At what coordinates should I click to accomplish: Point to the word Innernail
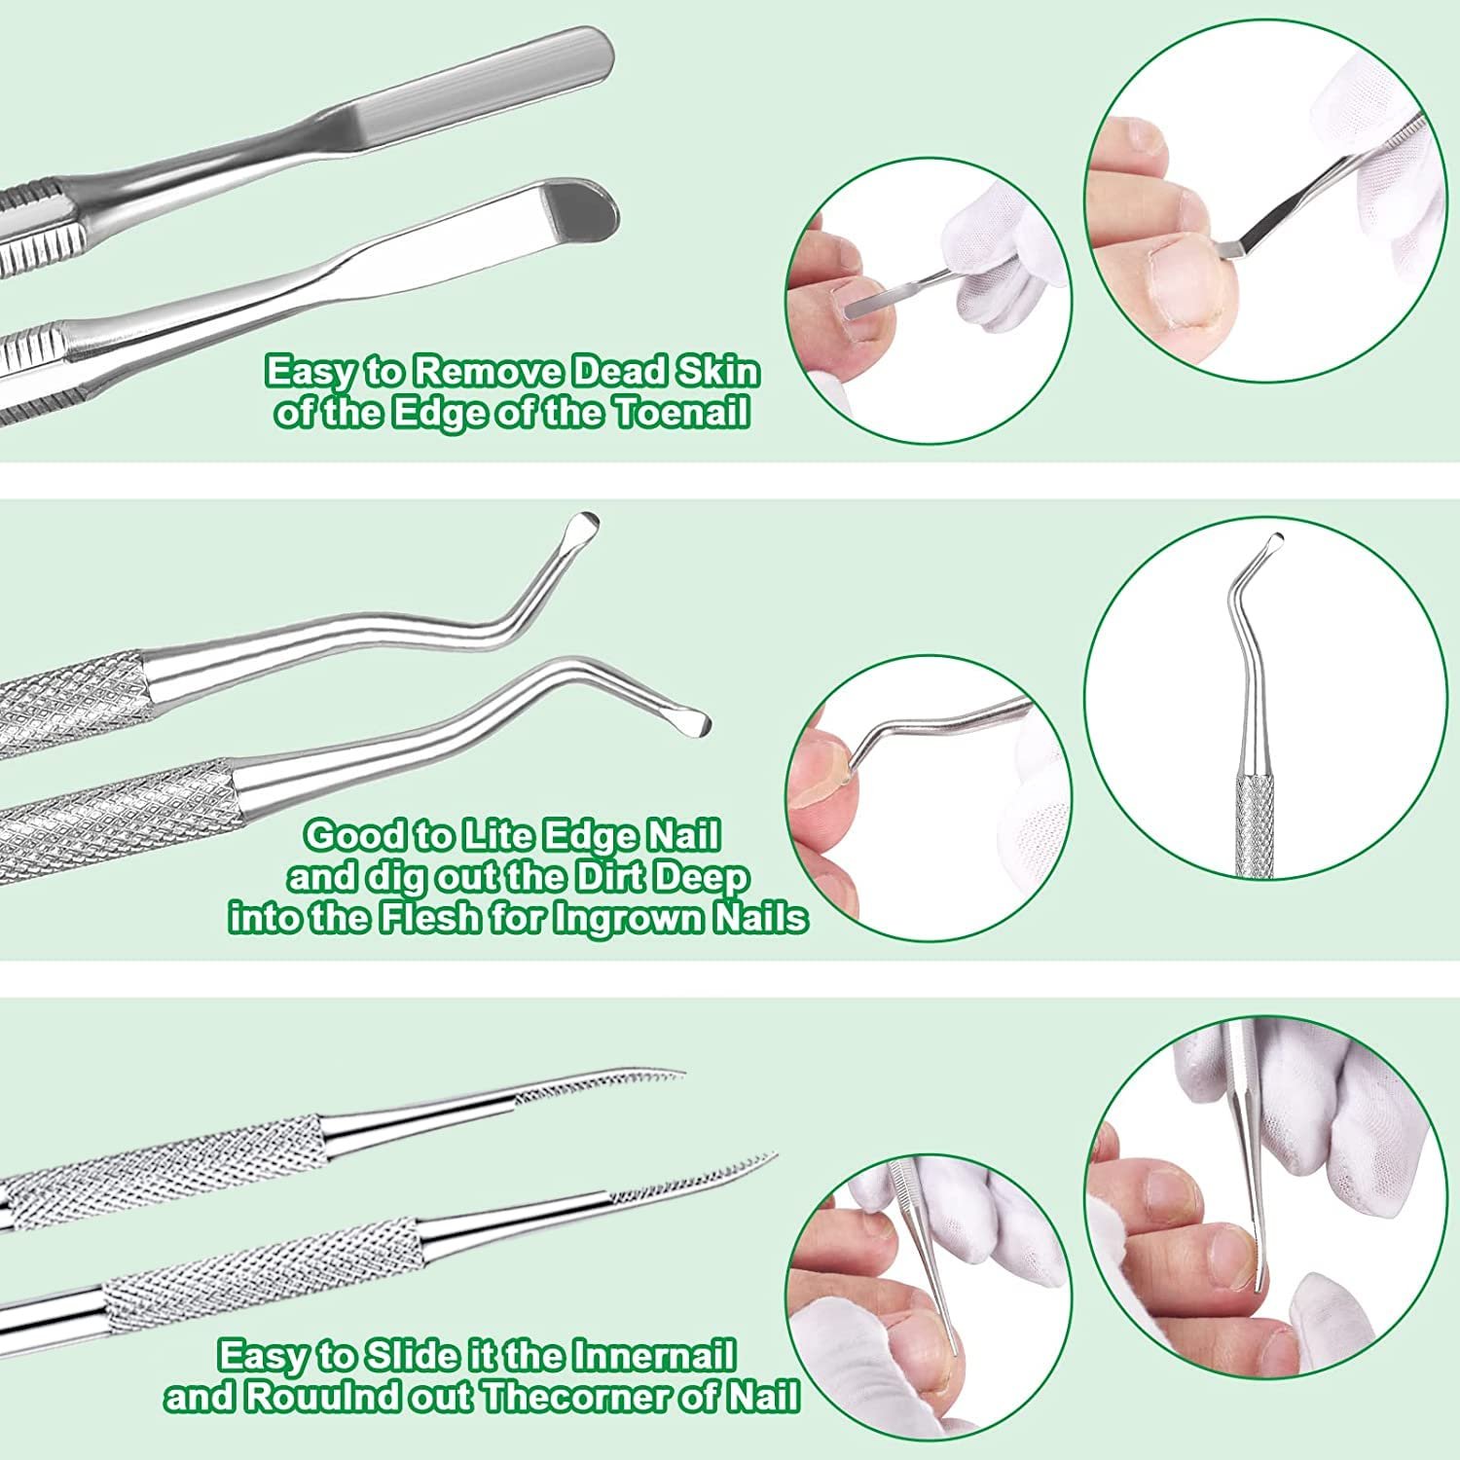653,1356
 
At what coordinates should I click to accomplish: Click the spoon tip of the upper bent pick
584,526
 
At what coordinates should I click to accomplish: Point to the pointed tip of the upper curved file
681,1076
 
